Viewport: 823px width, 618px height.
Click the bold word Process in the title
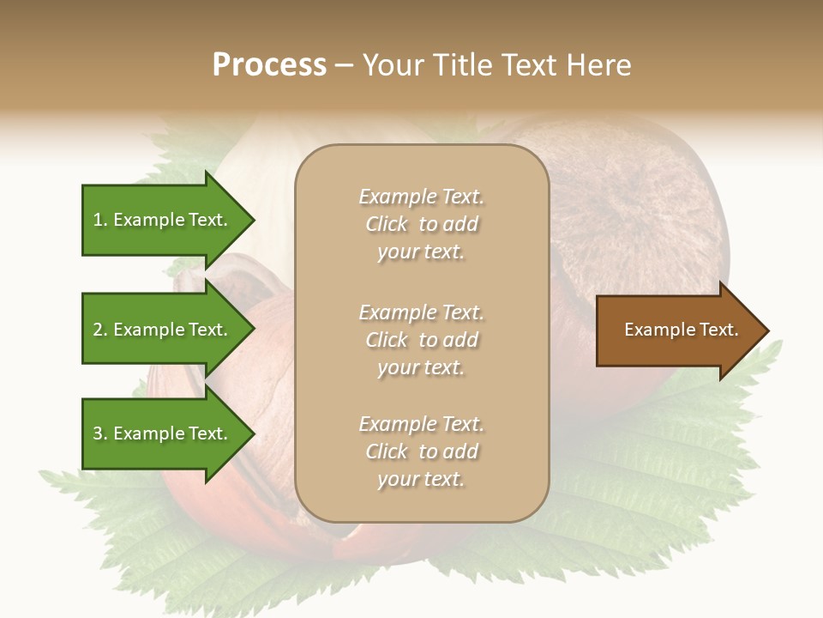click(x=269, y=65)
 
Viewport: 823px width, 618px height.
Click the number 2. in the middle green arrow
click(x=100, y=330)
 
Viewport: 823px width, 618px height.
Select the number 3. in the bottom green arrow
click(x=100, y=433)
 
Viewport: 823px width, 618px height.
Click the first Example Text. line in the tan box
click(x=421, y=197)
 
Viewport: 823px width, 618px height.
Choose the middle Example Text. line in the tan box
click(x=421, y=312)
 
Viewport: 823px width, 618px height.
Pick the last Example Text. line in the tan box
click(x=421, y=424)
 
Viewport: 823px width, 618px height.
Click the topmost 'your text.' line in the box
click(x=421, y=251)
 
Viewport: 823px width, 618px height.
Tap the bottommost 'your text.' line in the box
click(x=421, y=479)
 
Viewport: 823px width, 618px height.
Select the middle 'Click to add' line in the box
click(x=421, y=340)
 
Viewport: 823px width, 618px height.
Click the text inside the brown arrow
click(x=681, y=330)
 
